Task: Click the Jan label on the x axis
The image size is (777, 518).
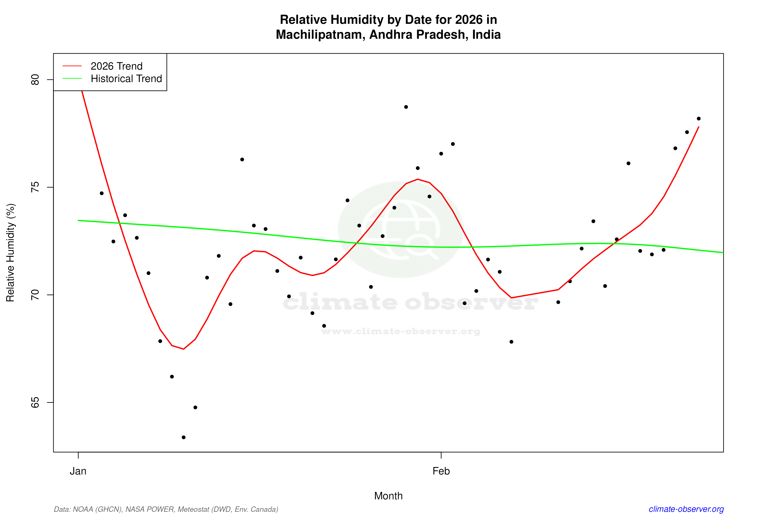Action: pos(78,471)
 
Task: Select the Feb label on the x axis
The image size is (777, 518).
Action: pos(441,471)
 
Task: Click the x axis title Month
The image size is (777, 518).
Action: pos(388,496)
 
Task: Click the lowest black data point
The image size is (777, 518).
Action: pos(184,437)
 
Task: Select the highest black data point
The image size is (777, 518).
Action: pos(406,107)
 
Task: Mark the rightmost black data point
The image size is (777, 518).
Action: pos(699,119)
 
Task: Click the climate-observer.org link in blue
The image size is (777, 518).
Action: pos(686,509)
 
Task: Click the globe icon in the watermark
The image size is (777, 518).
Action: pos(401,229)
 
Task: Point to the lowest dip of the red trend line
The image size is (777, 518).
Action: pos(183,349)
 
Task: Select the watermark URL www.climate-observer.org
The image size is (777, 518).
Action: pos(401,331)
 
